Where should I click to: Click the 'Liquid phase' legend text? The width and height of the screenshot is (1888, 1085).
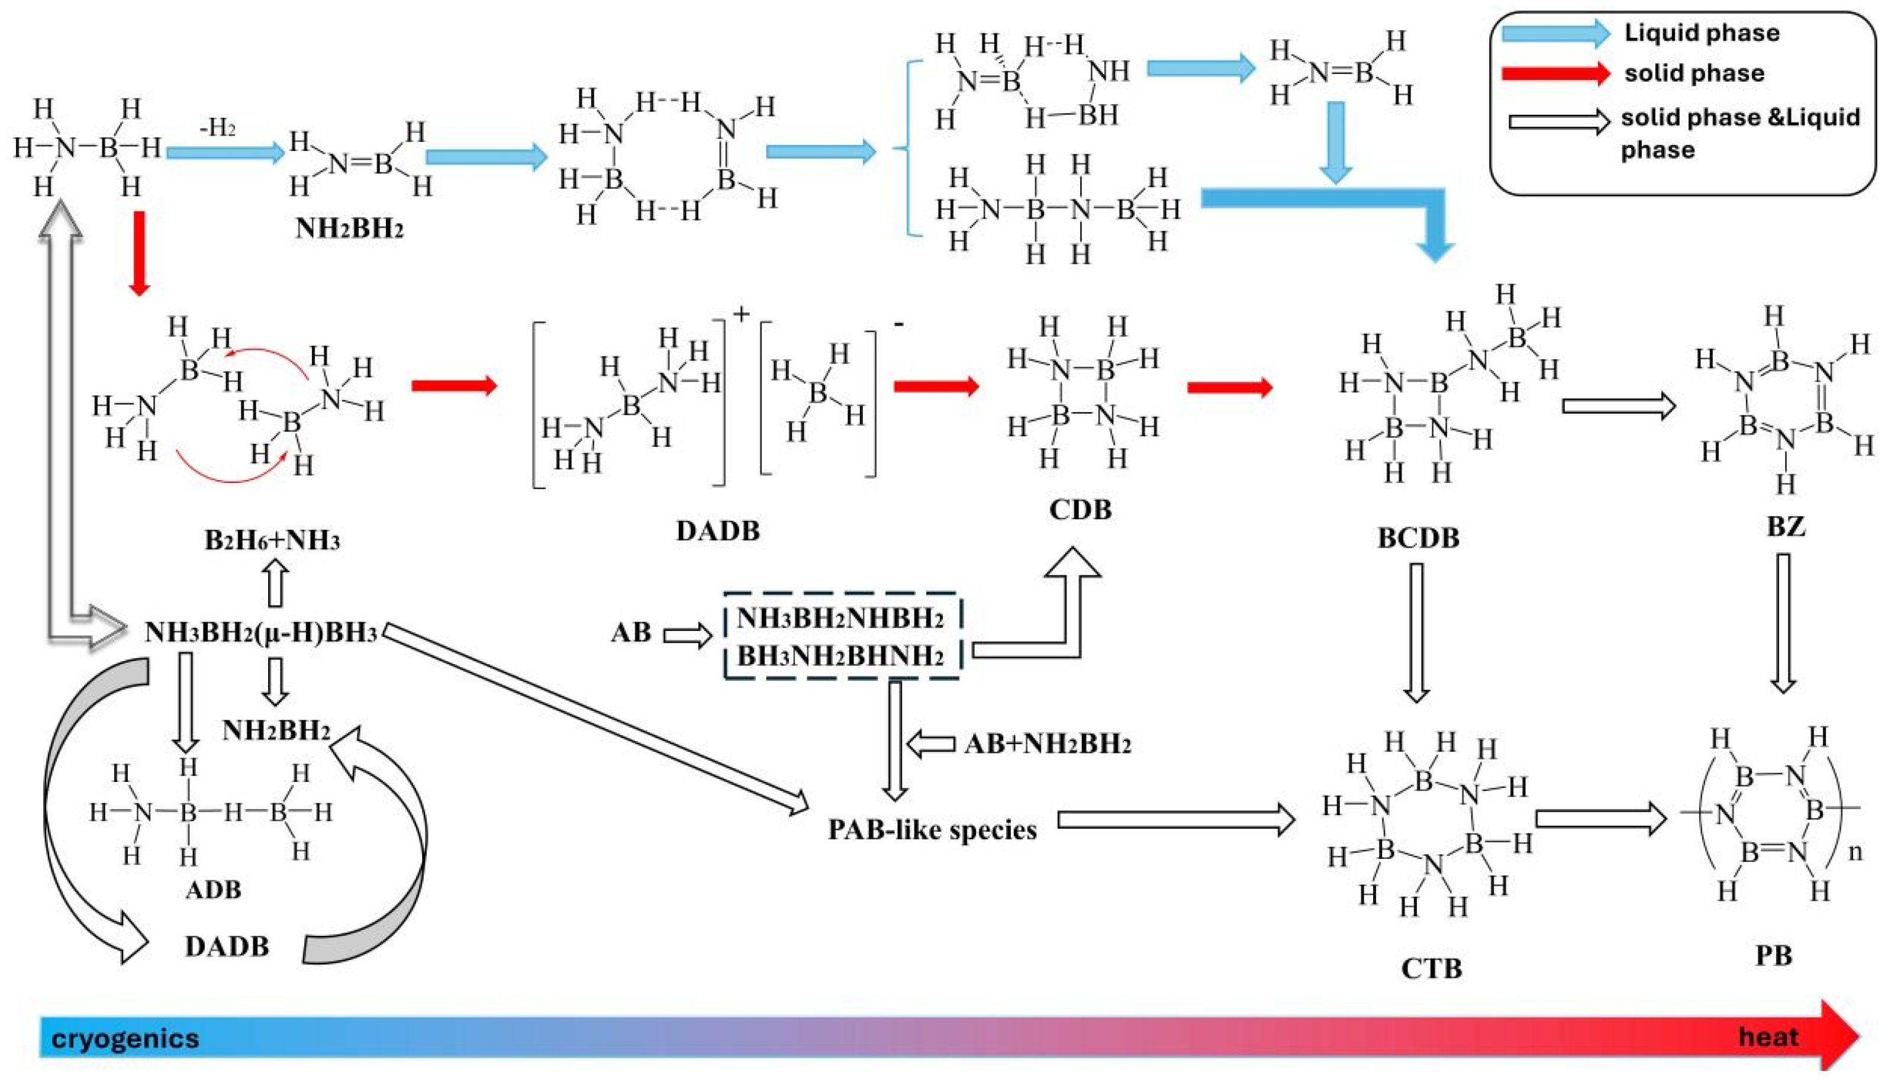pos(1701,33)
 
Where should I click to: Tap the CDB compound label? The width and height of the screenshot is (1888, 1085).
pos(1080,510)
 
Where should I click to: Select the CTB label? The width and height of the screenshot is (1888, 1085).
pos(1431,968)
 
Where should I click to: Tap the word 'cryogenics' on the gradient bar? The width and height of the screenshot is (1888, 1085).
pos(125,1038)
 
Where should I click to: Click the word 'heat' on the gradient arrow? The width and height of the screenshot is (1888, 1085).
pos(1768,1036)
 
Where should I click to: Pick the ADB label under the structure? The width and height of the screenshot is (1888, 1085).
pos(213,889)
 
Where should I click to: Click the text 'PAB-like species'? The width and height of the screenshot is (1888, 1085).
pos(932,829)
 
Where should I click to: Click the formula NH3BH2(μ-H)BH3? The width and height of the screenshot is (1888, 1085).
pos(261,633)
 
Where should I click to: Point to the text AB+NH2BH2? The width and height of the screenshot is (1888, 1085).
pos(1047,743)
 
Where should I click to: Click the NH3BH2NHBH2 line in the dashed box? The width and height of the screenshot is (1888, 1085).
pos(840,619)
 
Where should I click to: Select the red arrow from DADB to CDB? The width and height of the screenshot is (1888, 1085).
pos(936,386)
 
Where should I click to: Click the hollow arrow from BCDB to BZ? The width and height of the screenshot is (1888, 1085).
pos(1618,406)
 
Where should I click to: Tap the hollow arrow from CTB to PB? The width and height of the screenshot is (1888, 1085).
pos(1600,819)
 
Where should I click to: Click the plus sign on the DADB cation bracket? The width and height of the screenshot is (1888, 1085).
pos(740,314)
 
